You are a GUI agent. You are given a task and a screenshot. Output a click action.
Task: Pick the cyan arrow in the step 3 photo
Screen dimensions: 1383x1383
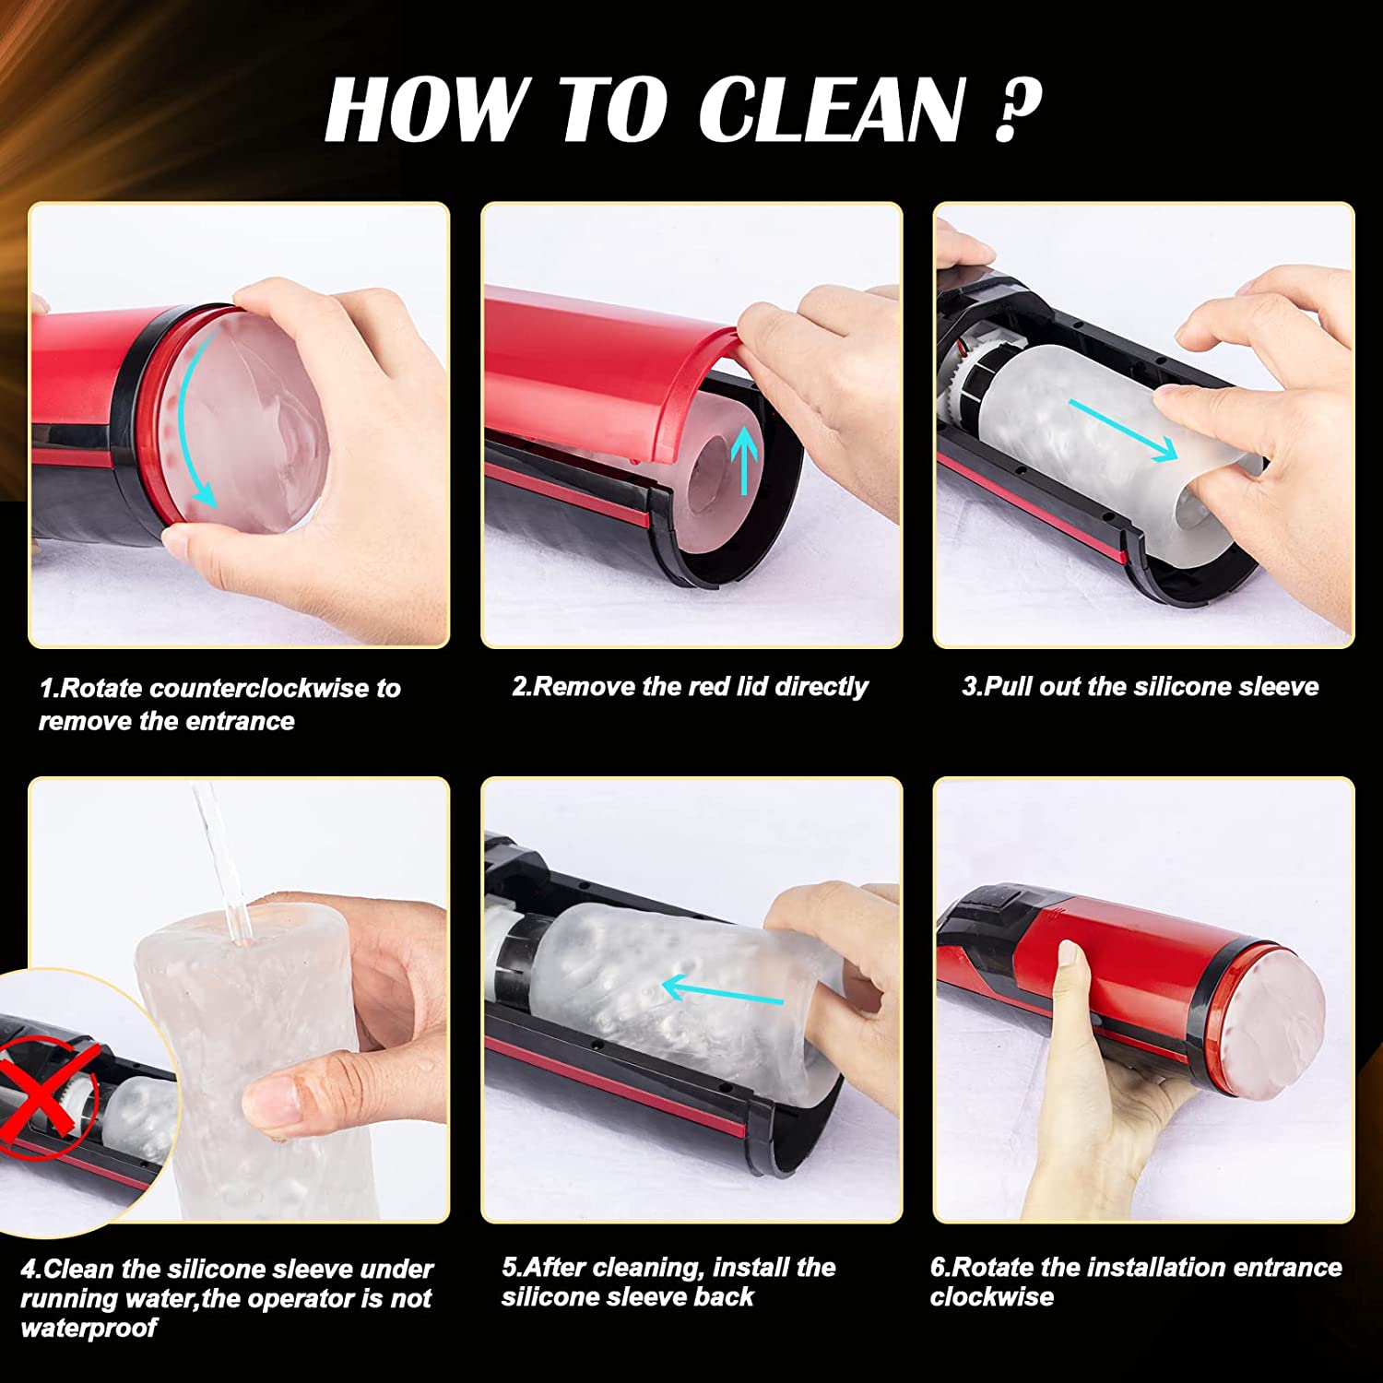(1123, 430)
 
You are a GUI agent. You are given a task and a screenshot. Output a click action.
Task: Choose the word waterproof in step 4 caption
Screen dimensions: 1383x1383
(89, 1329)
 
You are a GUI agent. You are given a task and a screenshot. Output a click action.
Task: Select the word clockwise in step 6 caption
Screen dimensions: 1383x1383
(991, 1297)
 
